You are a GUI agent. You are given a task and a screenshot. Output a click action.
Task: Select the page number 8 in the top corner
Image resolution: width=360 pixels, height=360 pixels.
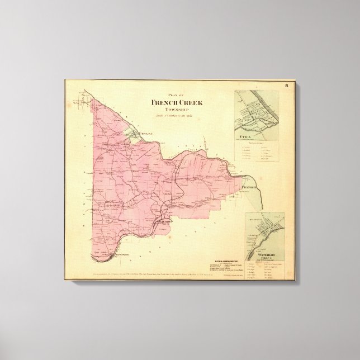286,86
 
